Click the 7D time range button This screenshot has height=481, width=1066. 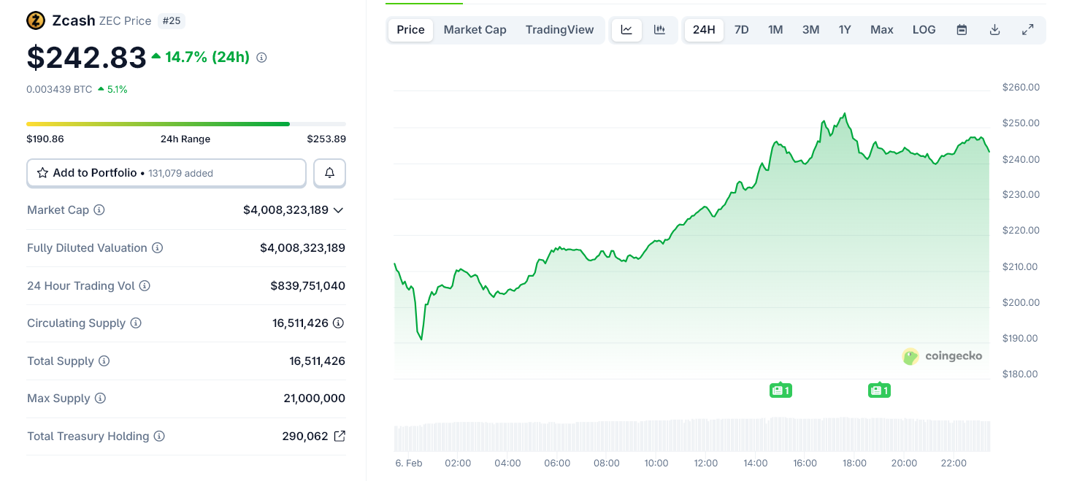pyautogui.click(x=741, y=30)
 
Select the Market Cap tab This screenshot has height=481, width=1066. pyautogui.click(x=475, y=30)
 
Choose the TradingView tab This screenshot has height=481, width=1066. pyautogui.click(x=559, y=30)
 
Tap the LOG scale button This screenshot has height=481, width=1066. pyautogui.click(x=924, y=30)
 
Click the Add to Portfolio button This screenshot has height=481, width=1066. pyautogui.click(x=166, y=173)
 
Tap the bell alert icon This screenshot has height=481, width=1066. pyautogui.click(x=329, y=173)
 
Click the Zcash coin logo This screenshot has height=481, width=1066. pyautogui.click(x=36, y=20)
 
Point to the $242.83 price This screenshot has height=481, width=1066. pyautogui.click(x=87, y=58)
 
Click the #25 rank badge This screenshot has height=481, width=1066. pyautogui.click(x=172, y=20)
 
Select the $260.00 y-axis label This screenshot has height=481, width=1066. pyautogui.click(x=1021, y=88)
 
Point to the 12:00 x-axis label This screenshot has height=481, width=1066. pyautogui.click(x=705, y=463)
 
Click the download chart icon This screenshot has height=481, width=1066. pyautogui.click(x=994, y=30)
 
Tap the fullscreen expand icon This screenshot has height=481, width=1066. pyautogui.click(x=1027, y=30)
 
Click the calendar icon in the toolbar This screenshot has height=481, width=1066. pyautogui.click(x=962, y=30)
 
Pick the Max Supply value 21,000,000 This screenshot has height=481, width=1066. pyautogui.click(x=314, y=399)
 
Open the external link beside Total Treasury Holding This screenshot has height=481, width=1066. pyautogui.click(x=340, y=436)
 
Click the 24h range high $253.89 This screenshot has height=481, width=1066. pyautogui.click(x=326, y=139)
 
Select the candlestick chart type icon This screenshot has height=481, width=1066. pyautogui.click(x=659, y=30)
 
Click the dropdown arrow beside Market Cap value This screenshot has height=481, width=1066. pyautogui.click(x=338, y=210)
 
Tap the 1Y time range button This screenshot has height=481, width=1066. pyautogui.click(x=845, y=30)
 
